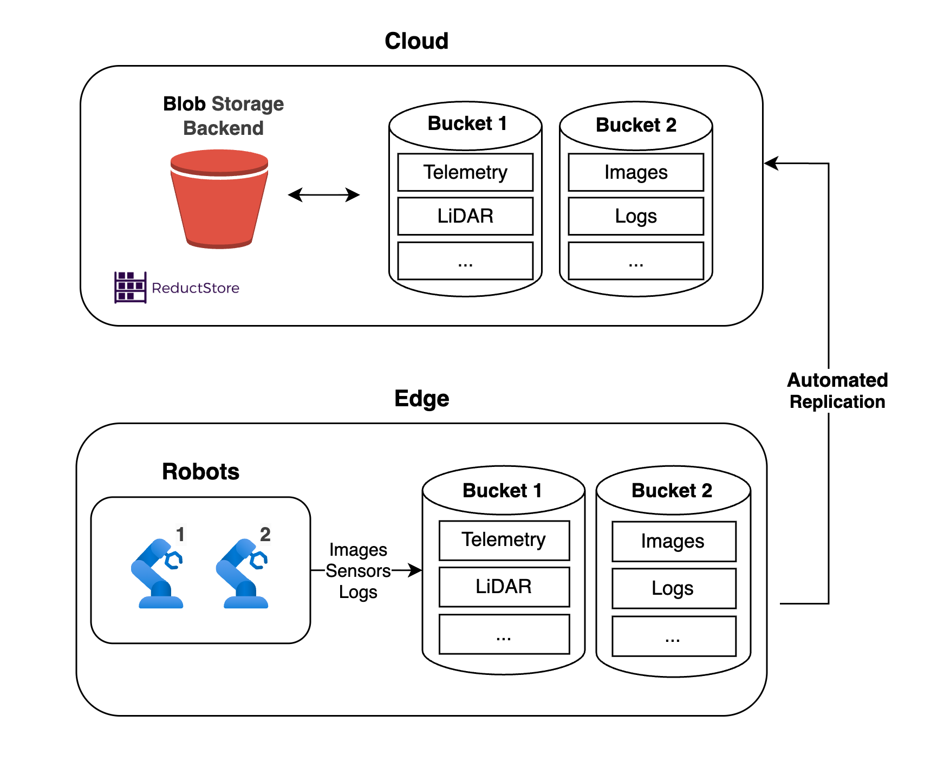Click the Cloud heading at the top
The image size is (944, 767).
(416, 41)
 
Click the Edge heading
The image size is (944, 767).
(421, 399)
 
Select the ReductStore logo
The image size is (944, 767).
(177, 287)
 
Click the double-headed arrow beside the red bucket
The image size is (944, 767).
(324, 195)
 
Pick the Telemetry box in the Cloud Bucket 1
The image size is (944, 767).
(465, 172)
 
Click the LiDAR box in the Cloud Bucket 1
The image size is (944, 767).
(465, 216)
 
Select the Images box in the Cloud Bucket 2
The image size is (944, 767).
(636, 172)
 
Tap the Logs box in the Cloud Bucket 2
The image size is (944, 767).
(636, 216)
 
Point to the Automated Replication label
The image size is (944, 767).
(837, 391)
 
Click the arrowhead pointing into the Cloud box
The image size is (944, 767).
(771, 163)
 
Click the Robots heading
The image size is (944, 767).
(200, 472)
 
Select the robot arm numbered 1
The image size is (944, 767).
(158, 574)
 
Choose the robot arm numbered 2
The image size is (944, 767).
(244, 574)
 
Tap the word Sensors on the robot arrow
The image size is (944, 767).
(358, 571)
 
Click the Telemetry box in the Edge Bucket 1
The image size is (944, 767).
(504, 540)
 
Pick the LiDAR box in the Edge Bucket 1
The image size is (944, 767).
(504, 587)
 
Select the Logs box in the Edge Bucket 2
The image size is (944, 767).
(673, 588)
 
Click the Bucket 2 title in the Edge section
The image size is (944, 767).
(672, 491)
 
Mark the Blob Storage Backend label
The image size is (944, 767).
(223, 116)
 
